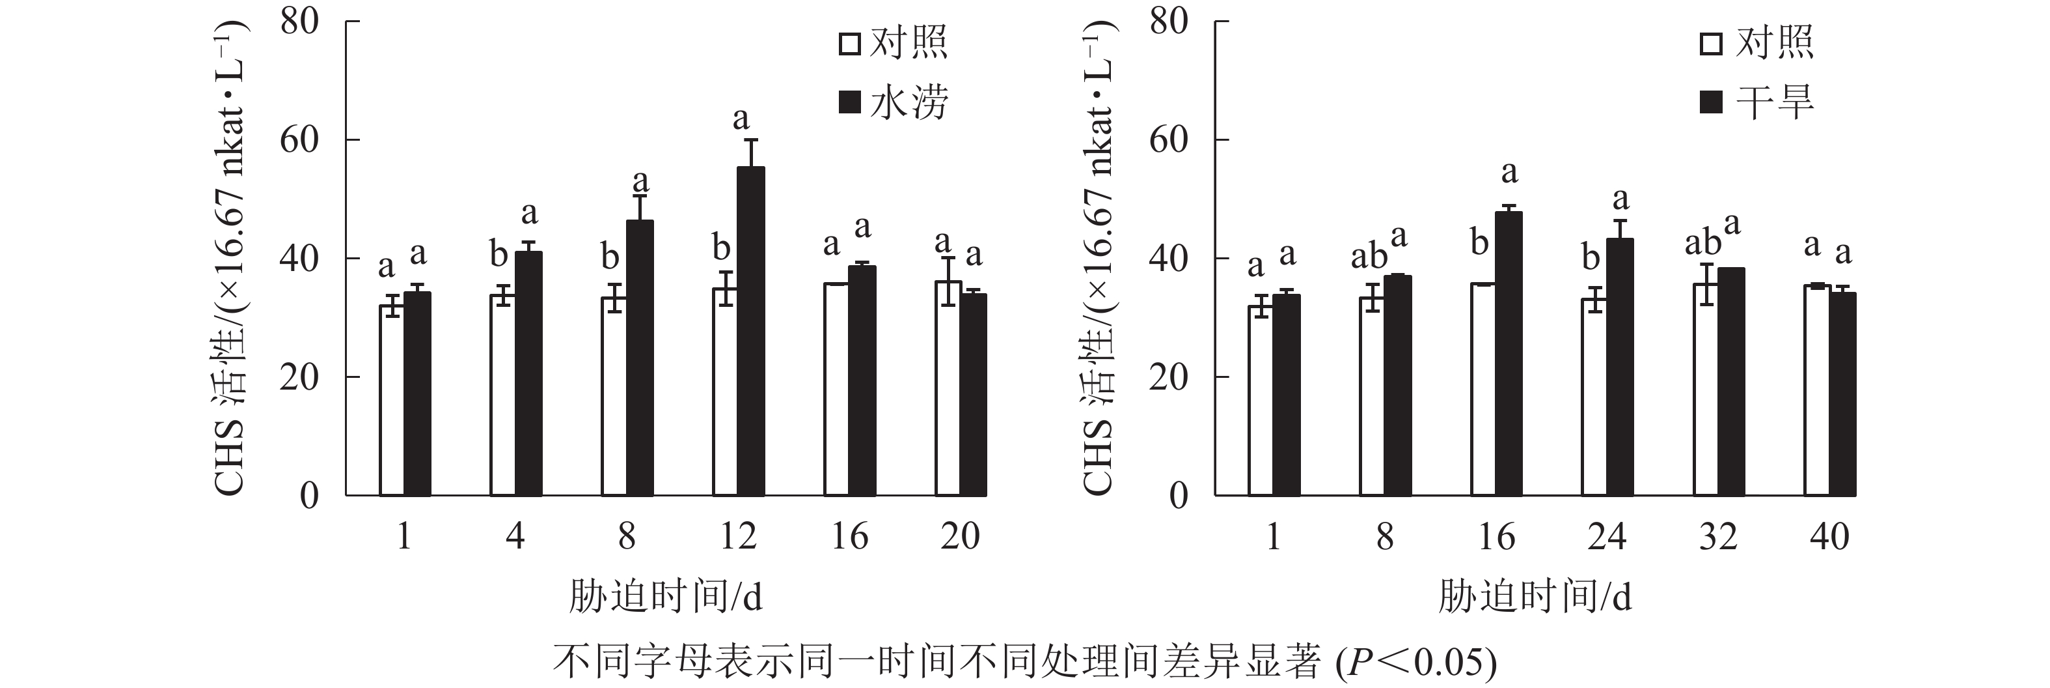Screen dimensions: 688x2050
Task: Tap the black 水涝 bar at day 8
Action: [640, 358]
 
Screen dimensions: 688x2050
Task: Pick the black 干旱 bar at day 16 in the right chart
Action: [1509, 354]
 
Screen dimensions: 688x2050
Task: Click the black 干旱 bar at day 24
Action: [1619, 367]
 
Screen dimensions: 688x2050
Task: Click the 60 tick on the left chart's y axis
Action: [299, 140]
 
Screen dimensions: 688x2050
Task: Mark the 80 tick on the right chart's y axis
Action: [1168, 21]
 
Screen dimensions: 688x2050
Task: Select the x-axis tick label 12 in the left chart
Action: [738, 537]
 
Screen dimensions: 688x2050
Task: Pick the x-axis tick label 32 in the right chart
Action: [1717, 537]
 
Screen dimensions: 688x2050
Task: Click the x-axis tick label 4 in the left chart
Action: [515, 537]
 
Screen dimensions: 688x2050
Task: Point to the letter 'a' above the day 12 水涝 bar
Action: [741, 119]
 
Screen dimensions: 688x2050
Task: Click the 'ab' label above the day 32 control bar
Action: [1702, 243]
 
